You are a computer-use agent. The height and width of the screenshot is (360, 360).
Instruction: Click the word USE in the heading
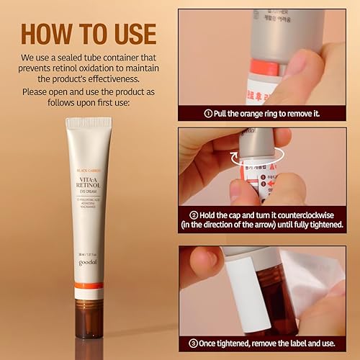coord(131,34)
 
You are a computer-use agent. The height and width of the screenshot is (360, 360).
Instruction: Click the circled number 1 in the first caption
coord(209,113)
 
